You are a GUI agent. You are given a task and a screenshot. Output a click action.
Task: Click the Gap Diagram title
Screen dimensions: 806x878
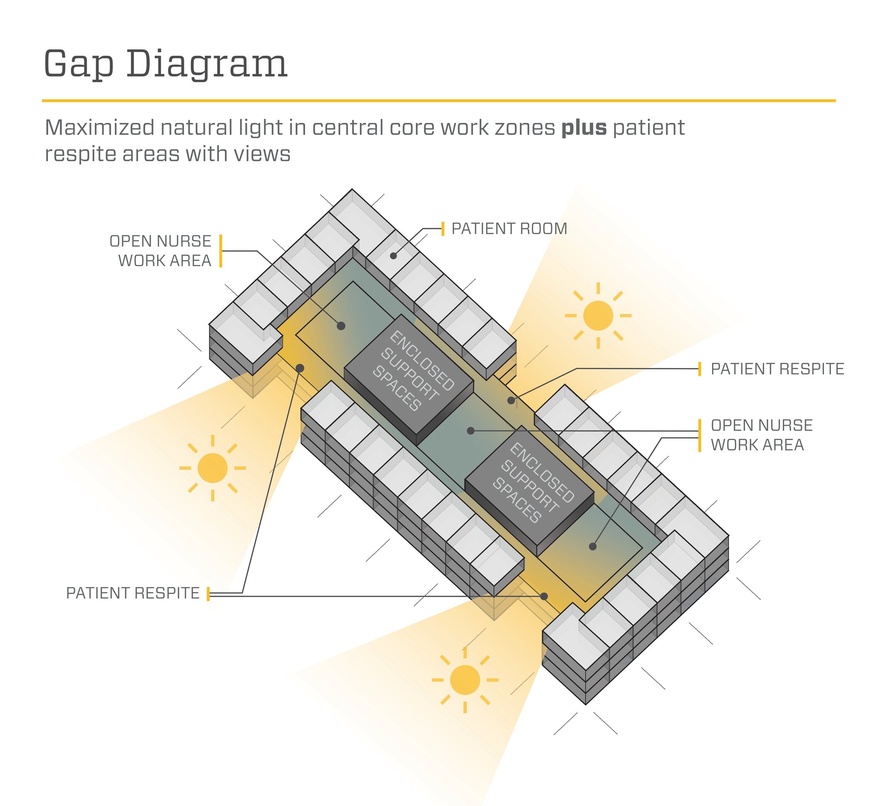click(166, 64)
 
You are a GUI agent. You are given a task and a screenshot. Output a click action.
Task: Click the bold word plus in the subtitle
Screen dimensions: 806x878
click(584, 128)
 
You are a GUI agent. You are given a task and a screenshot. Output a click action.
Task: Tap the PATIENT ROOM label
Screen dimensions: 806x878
click(509, 228)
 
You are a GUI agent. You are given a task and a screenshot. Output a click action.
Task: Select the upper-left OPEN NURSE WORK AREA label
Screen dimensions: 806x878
click(161, 251)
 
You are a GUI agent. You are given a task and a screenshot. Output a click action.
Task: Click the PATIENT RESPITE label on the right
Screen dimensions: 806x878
click(777, 369)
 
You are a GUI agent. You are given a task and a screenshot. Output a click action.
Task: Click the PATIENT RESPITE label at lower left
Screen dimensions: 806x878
click(133, 593)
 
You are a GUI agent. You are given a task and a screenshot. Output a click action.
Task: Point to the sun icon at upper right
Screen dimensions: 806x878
click(598, 315)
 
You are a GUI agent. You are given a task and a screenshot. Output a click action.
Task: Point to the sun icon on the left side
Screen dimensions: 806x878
click(213, 468)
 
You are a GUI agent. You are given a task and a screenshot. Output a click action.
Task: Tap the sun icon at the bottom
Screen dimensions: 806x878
click(465, 680)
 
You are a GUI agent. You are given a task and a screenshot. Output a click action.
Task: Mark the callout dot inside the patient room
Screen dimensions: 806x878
click(393, 256)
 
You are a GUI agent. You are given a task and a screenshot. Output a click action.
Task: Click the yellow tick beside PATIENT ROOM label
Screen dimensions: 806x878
click(443, 228)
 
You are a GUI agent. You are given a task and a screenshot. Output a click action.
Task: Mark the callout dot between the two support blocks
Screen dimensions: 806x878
click(471, 430)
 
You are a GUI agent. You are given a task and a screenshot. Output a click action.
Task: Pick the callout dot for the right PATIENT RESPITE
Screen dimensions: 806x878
click(511, 401)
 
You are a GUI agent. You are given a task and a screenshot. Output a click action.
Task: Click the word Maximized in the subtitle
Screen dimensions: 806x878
click(99, 128)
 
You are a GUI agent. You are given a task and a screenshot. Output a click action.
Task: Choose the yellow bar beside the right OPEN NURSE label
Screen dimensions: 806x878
click(700, 435)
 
